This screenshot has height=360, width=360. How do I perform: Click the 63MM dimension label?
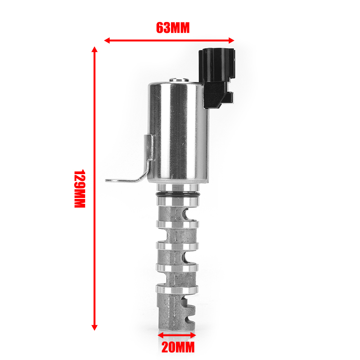click(173, 28)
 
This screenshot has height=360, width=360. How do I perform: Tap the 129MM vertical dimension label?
click(80, 189)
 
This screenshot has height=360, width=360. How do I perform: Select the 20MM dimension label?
click(178, 347)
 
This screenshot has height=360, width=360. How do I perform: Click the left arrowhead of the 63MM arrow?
click(107, 40)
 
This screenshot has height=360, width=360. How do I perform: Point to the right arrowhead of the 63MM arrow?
click(231, 40)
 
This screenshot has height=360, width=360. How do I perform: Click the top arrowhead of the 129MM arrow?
click(94, 49)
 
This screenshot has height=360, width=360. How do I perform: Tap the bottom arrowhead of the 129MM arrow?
click(94, 328)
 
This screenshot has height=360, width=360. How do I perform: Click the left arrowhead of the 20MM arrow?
click(161, 335)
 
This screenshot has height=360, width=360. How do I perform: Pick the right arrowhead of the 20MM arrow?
click(193, 335)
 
